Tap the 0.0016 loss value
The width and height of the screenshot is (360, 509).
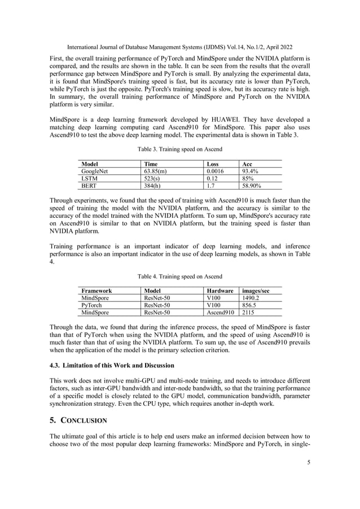[x=215, y=170]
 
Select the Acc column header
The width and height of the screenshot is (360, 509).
[x=247, y=163]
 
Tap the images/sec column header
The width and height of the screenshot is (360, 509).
[x=255, y=291]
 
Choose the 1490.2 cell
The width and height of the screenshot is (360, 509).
[x=251, y=298]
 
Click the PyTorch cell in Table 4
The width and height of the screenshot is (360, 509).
[x=92, y=305]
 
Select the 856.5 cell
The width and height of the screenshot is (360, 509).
[x=248, y=305]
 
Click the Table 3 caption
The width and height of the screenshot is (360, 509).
[x=180, y=149]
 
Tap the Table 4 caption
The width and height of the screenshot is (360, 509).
[x=180, y=277]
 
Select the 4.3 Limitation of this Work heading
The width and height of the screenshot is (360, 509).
[x=112, y=365]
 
